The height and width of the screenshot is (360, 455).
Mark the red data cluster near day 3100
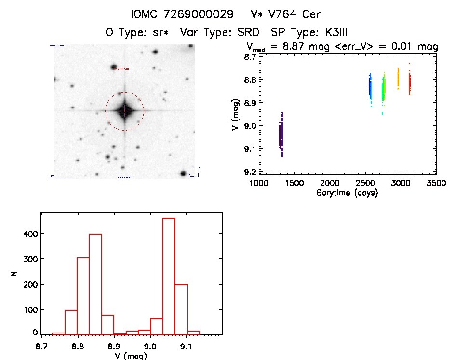409,83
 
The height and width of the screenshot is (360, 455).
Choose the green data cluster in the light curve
384,89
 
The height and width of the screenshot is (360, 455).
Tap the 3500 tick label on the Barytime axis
436,183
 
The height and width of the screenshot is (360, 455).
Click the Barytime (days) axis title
347,193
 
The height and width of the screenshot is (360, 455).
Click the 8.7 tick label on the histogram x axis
41,346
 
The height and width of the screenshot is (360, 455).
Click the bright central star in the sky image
124,111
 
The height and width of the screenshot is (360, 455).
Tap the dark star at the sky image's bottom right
183,173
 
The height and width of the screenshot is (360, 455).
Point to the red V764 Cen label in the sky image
123,69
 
